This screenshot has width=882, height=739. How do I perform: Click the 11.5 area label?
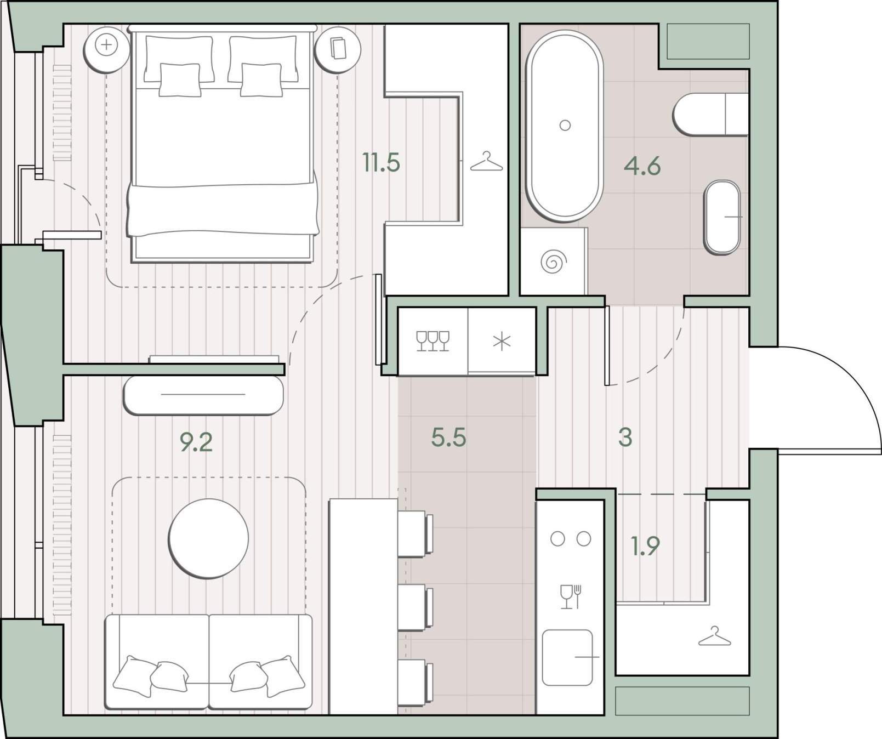(381, 162)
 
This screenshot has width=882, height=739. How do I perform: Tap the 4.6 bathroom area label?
(642, 166)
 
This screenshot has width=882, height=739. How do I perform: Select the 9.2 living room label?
(196, 442)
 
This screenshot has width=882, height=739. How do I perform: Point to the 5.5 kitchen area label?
(448, 437)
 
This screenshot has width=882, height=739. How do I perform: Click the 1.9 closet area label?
(645, 546)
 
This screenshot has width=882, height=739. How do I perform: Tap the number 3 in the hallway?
(625, 437)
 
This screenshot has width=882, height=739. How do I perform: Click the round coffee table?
(208, 538)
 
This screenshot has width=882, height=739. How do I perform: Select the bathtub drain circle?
(565, 126)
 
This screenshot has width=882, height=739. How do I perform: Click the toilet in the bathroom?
(710, 115)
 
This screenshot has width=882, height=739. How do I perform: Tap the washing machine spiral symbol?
(553, 262)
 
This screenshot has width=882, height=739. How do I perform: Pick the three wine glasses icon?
(433, 341)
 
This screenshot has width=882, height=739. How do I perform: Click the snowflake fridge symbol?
(502, 342)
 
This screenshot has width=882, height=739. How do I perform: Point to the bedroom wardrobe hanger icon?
(486, 162)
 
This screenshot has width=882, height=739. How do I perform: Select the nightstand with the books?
(338, 49)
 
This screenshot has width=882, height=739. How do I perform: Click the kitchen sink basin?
(567, 657)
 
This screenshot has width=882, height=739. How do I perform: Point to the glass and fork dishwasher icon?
(570, 597)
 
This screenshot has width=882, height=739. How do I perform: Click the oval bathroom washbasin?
(722, 217)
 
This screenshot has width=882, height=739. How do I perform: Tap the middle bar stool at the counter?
(415, 607)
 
